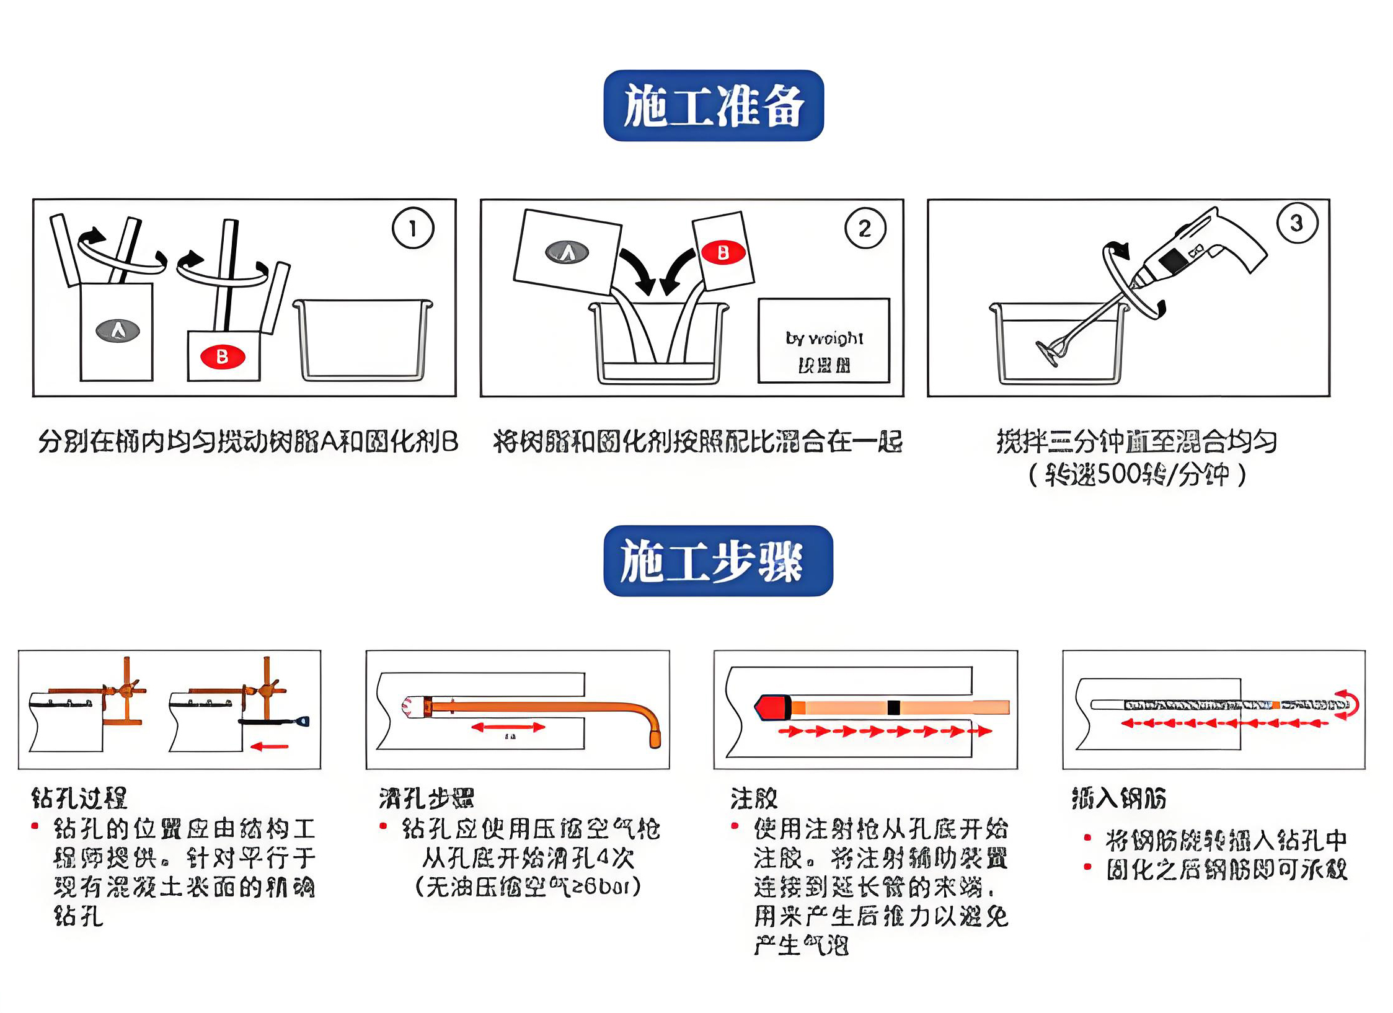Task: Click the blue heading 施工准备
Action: [713, 105]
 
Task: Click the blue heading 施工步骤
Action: [717, 560]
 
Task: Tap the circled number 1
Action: [413, 228]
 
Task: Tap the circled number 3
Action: [1297, 223]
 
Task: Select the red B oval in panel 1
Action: [223, 357]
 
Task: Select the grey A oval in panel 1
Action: [117, 330]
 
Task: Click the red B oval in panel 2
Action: [722, 253]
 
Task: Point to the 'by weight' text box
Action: [823, 341]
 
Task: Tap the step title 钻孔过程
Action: [79, 798]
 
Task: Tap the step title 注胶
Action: [754, 798]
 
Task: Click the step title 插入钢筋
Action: [1119, 798]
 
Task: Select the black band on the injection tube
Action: [893, 707]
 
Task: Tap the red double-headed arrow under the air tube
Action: [508, 727]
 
